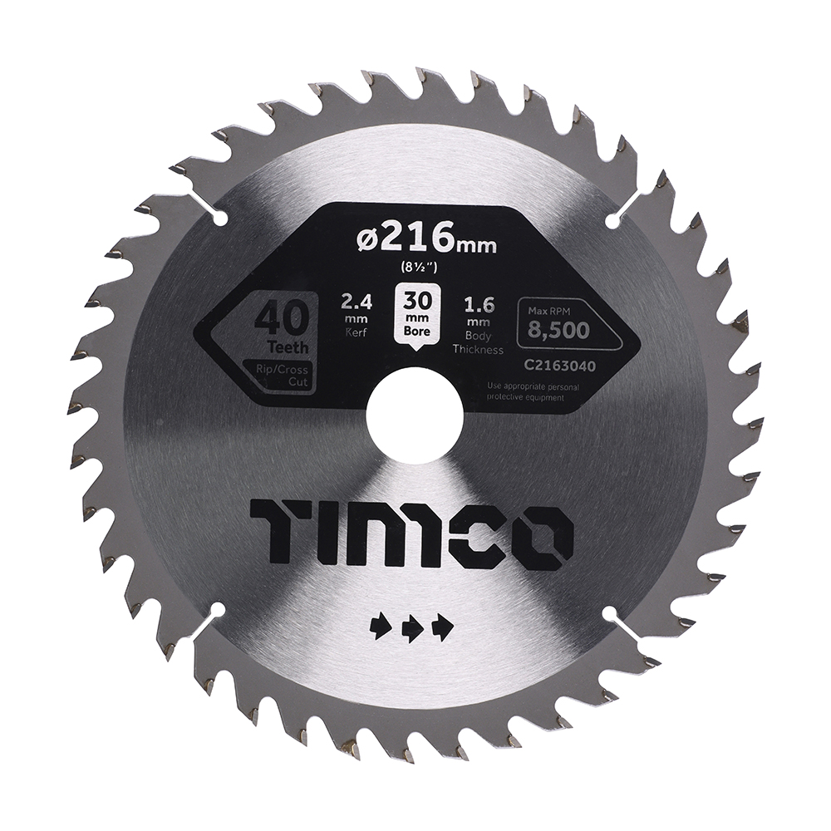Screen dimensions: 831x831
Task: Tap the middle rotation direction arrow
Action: tap(413, 628)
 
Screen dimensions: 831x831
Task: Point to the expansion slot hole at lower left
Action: tap(219, 612)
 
